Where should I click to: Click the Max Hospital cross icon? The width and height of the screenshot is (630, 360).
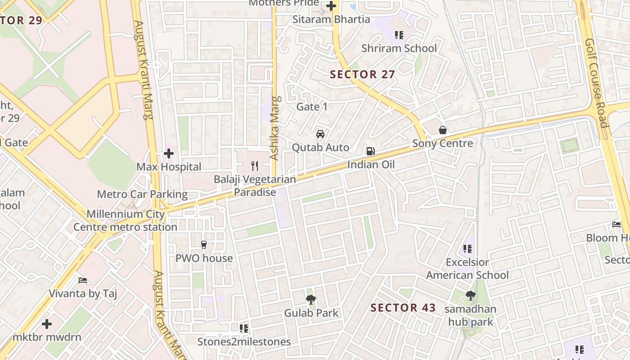[169, 154]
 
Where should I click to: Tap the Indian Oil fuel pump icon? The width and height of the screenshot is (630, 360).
[370, 151]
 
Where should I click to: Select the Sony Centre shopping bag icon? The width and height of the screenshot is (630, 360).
[443, 130]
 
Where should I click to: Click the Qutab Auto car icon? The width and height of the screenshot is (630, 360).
[320, 134]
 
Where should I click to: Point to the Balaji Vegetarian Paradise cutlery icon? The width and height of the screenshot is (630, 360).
[255, 166]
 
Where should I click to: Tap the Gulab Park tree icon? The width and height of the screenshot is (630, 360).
[310, 299]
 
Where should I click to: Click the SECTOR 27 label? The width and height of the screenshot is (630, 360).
[362, 75]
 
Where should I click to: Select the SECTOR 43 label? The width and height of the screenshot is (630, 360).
[403, 308]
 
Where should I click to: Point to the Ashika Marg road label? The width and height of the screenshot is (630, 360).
[275, 128]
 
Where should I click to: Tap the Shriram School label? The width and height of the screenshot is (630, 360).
[399, 48]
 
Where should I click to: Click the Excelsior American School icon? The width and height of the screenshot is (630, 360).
[468, 248]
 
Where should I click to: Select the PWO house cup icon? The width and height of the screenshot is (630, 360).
[204, 245]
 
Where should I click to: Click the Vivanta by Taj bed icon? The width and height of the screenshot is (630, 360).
[83, 280]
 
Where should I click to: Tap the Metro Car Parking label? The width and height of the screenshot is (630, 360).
[142, 194]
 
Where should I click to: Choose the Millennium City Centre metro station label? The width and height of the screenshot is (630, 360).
[125, 220]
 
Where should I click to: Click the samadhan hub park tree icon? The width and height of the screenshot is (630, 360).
[470, 296]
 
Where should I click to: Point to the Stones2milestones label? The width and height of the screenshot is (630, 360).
[244, 342]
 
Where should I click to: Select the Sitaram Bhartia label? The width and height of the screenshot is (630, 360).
[331, 19]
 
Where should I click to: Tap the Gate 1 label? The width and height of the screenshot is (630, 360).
[312, 107]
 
